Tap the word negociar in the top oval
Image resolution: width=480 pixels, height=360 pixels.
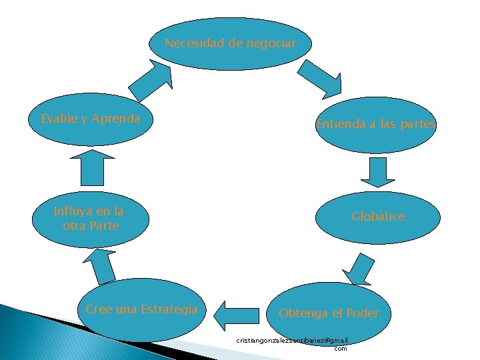270,43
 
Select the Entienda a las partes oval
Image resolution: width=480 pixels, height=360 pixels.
376,125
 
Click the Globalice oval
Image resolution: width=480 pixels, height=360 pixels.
378,217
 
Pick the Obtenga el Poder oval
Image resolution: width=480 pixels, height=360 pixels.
329,313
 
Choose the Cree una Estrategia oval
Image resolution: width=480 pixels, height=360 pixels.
142,309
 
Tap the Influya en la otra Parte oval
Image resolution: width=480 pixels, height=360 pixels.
90,219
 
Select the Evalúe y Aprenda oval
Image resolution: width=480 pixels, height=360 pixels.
91,119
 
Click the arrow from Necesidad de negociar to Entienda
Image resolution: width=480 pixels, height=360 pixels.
321,77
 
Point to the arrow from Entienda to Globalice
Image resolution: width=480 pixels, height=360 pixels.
377,171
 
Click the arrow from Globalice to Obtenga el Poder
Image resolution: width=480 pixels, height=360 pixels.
359,269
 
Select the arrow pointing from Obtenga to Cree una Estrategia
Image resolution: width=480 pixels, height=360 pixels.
241,313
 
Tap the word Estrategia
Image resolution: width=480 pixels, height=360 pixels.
170,309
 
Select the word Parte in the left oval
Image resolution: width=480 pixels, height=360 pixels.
104,226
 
